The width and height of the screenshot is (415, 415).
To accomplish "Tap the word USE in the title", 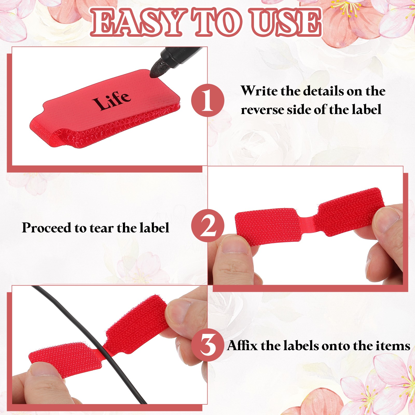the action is pos(285,22).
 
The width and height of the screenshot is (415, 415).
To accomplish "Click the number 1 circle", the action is pos(208,100).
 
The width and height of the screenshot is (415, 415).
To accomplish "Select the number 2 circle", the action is pos(208,226).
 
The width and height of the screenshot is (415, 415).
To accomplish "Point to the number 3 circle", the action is pos(208,345).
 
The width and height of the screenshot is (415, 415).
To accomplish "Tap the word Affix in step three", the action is pos(242,345).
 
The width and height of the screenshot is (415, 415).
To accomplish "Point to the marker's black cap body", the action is pos(179,54).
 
